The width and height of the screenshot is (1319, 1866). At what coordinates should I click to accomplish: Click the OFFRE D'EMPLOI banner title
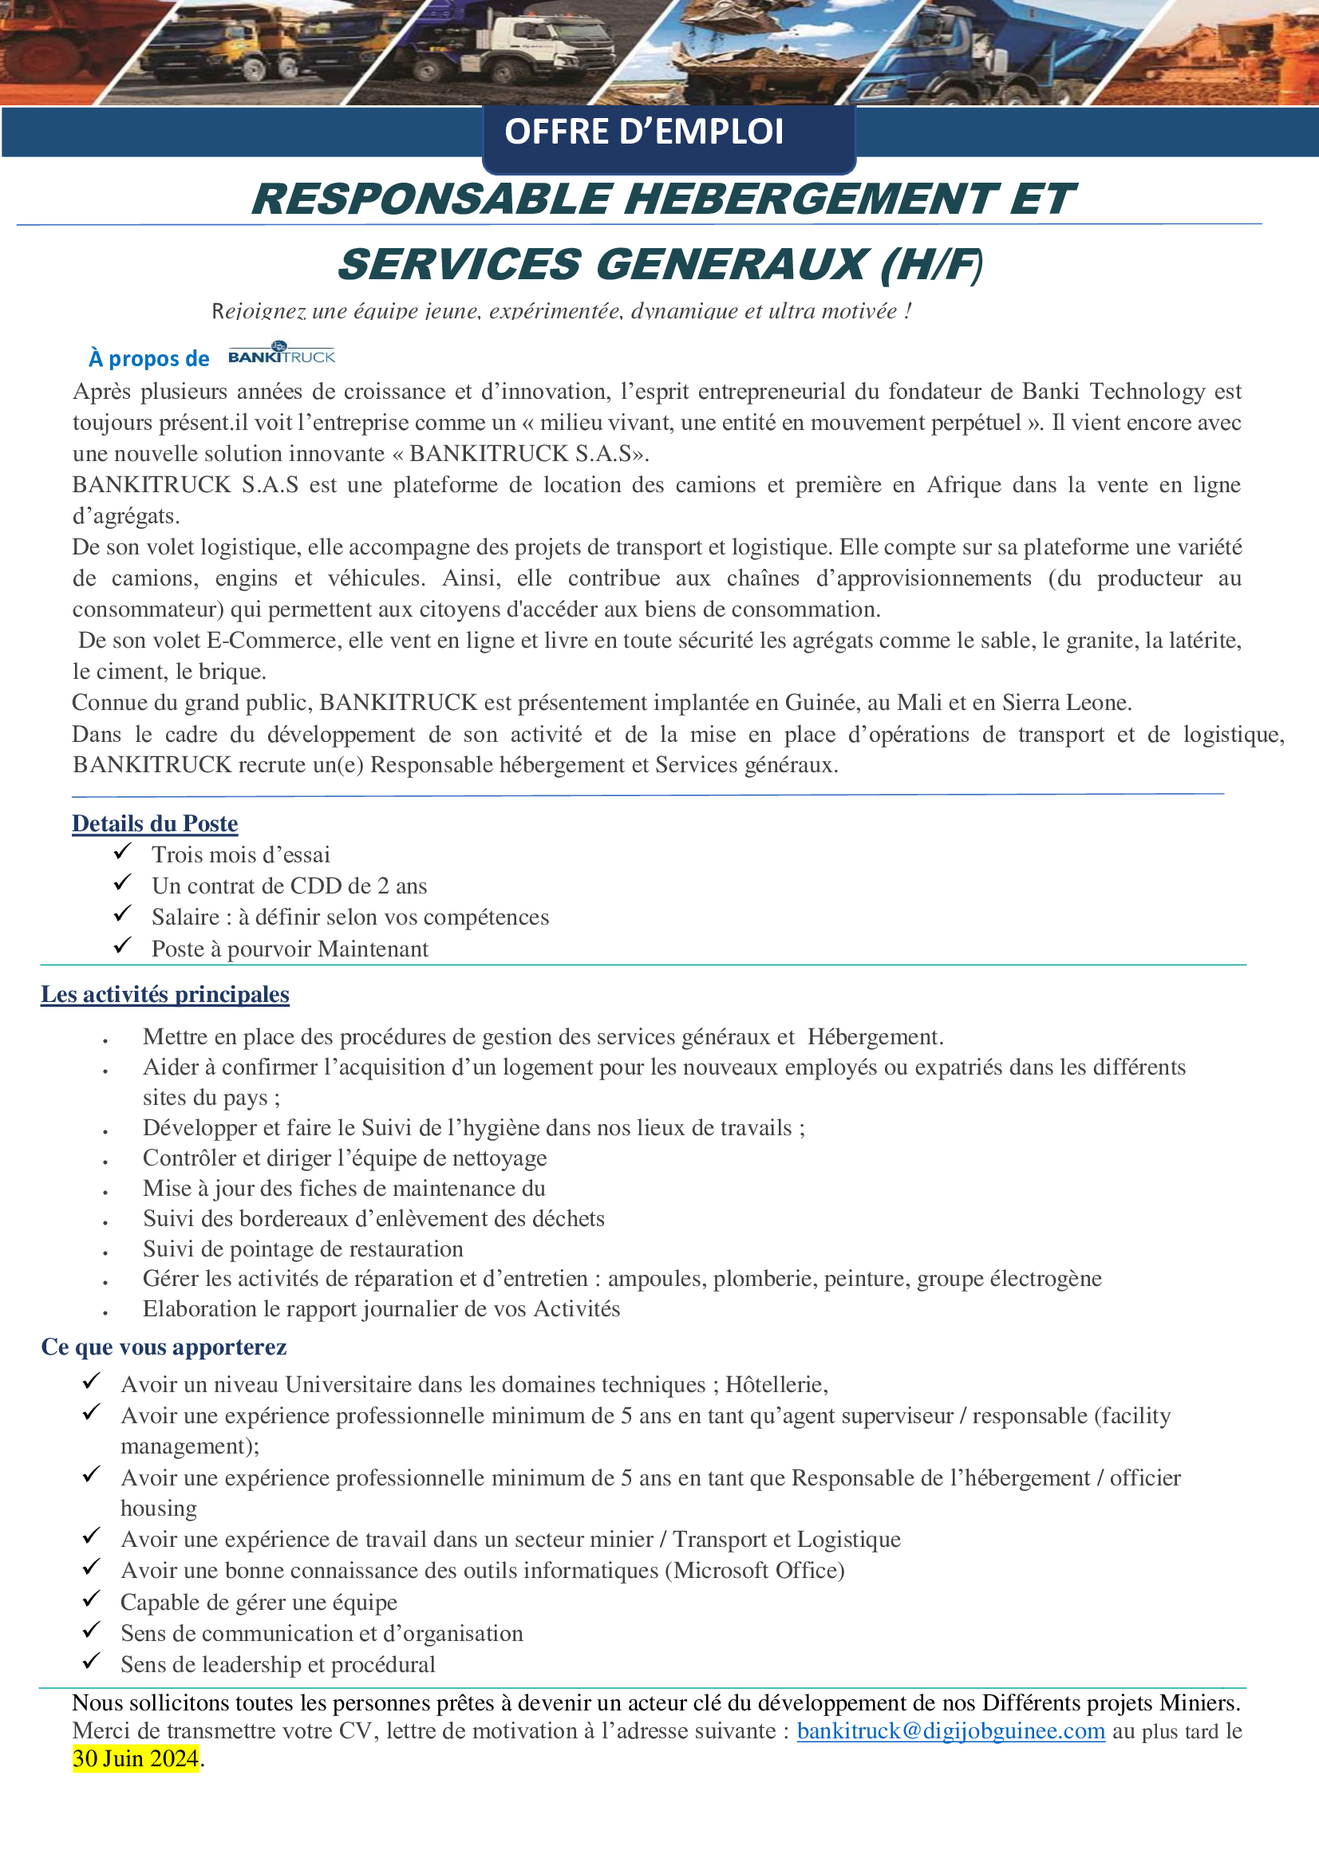[644, 132]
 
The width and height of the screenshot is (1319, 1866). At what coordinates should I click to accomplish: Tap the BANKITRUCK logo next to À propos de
[281, 353]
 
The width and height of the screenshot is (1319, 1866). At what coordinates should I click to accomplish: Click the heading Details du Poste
[155, 824]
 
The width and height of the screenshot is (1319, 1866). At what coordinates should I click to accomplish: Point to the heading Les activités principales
[165, 995]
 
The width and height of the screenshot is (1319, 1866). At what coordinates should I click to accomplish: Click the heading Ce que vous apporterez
[164, 1347]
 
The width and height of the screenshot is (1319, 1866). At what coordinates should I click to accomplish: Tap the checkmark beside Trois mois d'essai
[123, 851]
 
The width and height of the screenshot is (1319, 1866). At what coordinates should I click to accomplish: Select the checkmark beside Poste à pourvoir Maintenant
[123, 945]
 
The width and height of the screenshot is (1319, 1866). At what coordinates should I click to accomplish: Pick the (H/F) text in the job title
[932, 265]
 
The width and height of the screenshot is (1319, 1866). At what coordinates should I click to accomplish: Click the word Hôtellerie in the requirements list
[776, 1385]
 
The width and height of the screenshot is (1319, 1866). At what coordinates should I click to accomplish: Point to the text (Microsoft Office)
[755, 1570]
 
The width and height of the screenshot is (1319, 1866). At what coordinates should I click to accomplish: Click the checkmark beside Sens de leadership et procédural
[92, 1660]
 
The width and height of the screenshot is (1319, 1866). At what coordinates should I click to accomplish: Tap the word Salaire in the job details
[185, 917]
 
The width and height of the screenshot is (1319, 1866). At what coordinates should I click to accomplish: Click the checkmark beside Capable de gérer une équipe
[92, 1599]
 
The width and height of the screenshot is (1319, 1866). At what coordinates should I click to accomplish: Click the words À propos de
[148, 358]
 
